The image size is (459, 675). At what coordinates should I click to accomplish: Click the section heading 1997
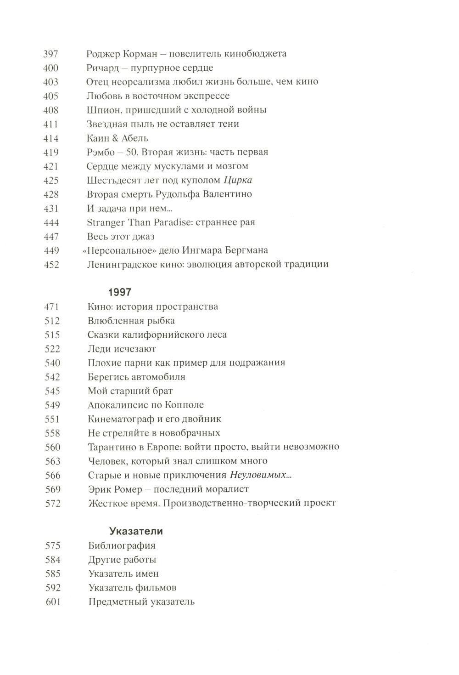tap(119, 292)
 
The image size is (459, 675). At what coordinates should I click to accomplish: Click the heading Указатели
tap(136, 531)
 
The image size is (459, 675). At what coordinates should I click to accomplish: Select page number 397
tap(50, 54)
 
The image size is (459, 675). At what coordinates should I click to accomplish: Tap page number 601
tap(53, 601)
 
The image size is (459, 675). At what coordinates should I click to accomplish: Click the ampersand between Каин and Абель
tap(114, 138)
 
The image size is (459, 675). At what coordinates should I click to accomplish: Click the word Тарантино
tap(111, 447)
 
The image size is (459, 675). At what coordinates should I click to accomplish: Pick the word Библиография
tap(122, 545)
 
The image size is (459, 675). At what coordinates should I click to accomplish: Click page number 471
tap(52, 306)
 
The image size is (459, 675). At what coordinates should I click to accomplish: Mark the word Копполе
tap(186, 405)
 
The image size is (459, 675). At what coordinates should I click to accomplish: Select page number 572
tap(53, 503)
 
